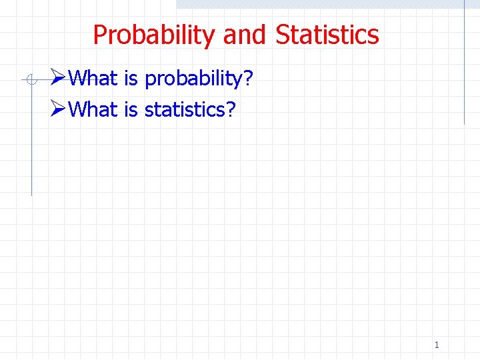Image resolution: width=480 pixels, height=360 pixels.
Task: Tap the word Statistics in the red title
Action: [x=327, y=35]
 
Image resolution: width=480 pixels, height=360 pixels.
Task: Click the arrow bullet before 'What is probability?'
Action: [x=58, y=79]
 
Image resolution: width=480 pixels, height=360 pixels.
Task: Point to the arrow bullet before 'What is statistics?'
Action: [x=58, y=109]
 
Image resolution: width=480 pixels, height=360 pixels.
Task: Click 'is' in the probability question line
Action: [x=131, y=79]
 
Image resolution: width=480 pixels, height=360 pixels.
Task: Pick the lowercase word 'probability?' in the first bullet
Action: [x=193, y=80]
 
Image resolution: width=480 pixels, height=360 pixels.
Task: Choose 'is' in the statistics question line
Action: [x=131, y=109]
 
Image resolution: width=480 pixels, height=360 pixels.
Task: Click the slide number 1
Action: [x=437, y=345]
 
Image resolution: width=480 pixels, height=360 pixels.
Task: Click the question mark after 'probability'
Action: [x=248, y=79]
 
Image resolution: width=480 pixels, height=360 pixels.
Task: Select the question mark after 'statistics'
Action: [x=230, y=109]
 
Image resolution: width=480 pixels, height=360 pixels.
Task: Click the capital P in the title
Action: [x=100, y=35]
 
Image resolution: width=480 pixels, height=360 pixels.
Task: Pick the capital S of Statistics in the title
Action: [x=282, y=35]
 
